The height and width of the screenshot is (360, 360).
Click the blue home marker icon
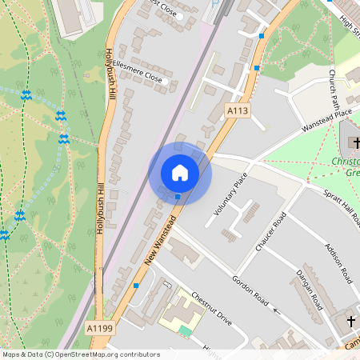[180, 173]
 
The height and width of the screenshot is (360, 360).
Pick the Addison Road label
[337, 265]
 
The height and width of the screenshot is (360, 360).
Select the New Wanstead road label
[160, 241]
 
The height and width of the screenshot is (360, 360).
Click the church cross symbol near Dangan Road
[349, 321]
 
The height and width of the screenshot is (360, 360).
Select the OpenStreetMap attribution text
[80, 354]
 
